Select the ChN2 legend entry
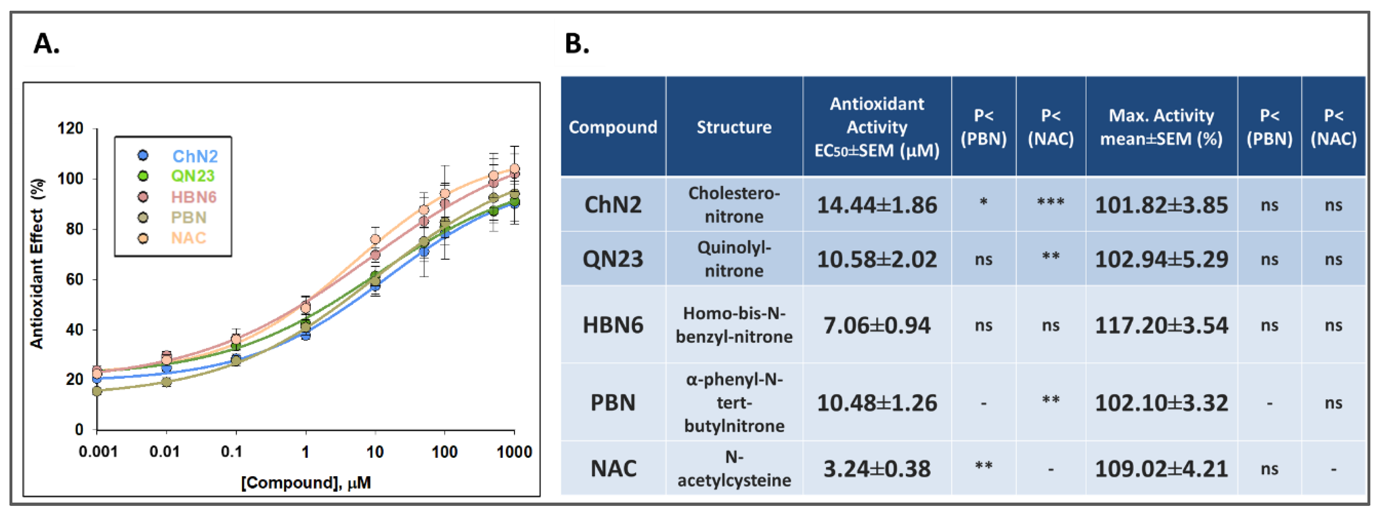[x=195, y=156]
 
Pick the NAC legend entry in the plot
[x=188, y=238]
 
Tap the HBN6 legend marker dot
[x=143, y=197]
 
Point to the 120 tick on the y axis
[x=70, y=129]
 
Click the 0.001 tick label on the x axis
[x=98, y=452]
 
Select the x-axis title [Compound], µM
[x=306, y=483]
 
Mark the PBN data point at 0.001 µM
[x=97, y=391]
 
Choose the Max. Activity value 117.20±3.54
[x=1161, y=325]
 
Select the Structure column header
[x=734, y=127]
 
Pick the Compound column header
[x=612, y=127]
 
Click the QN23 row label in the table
[x=612, y=259]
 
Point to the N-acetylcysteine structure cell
[x=734, y=469]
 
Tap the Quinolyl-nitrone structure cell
[x=734, y=259]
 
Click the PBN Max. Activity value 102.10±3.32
[x=1161, y=403]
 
